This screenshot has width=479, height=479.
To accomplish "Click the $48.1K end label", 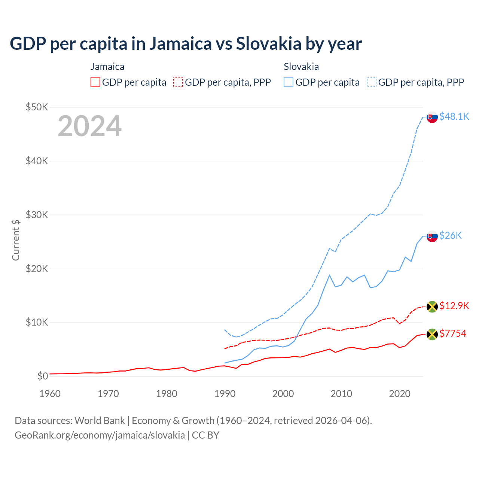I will pyautogui.click(x=454, y=116).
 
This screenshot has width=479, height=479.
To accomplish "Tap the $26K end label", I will pyautogui.click(x=451, y=235).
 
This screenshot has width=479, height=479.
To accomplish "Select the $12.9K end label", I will pyautogui.click(x=454, y=306).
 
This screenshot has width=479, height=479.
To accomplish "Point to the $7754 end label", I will pyautogui.click(x=453, y=333).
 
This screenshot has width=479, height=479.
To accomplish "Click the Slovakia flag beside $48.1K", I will pyautogui.click(x=432, y=117).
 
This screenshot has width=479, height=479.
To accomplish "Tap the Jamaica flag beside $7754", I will pyautogui.click(x=432, y=334).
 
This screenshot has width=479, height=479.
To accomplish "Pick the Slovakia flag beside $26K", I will pyautogui.click(x=432, y=236).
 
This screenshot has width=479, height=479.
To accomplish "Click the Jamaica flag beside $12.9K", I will pyautogui.click(x=432, y=306).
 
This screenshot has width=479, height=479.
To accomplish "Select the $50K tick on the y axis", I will pyautogui.click(x=37, y=107).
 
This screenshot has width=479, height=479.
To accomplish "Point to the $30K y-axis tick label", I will pyautogui.click(x=37, y=215).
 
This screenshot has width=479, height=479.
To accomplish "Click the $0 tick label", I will pyautogui.click(x=43, y=376).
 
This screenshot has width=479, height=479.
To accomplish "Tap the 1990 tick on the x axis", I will pyautogui.click(x=225, y=394).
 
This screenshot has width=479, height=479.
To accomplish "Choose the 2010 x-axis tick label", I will pyautogui.click(x=341, y=394).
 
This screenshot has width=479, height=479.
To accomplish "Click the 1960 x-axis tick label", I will pyautogui.click(x=50, y=394).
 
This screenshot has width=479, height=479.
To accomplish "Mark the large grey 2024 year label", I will pyautogui.click(x=89, y=126).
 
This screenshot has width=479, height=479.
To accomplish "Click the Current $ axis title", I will pyautogui.click(x=16, y=240).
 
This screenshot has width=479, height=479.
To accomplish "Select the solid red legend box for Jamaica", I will pyautogui.click(x=95, y=82).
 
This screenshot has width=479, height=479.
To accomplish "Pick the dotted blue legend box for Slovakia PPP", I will pyautogui.click(x=372, y=82).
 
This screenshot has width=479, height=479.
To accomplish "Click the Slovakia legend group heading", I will pyautogui.click(x=301, y=67).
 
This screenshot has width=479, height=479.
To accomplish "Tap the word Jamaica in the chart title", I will pyautogui.click(x=181, y=43).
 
